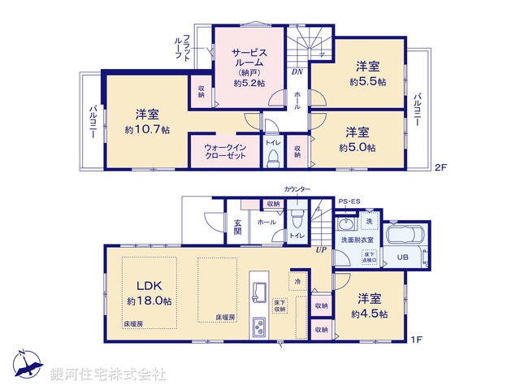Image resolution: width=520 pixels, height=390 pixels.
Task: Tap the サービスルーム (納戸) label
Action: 249,64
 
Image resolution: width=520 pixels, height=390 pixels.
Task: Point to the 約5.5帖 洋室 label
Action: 367,74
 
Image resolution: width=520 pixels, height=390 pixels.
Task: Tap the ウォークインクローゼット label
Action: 219,150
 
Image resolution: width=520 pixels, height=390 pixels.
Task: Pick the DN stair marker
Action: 297,71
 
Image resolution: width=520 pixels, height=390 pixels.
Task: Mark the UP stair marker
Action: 322,249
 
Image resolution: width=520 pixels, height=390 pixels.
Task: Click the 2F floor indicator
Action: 440,168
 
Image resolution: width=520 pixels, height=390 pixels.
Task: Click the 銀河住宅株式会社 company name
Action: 108,375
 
